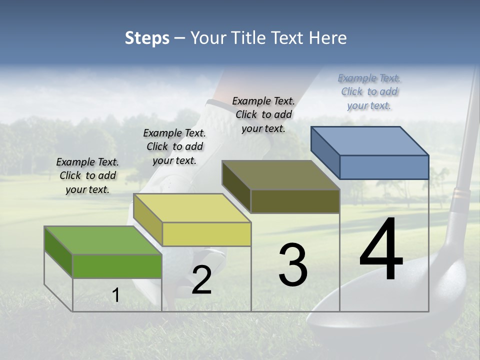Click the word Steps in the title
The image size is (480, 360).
(147, 38)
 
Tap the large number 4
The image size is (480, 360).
(381, 250)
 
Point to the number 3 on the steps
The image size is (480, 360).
(293, 265)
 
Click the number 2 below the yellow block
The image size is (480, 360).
(201, 280)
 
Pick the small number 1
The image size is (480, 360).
(116, 295)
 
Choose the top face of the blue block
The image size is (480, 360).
(370, 141)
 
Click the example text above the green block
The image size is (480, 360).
(87, 175)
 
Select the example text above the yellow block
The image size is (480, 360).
(174, 146)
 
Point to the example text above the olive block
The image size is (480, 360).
(263, 114)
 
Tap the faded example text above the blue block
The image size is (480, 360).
(369, 91)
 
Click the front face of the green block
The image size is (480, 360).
(117, 266)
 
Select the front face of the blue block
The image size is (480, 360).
(384, 167)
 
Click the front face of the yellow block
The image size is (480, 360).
(206, 234)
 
